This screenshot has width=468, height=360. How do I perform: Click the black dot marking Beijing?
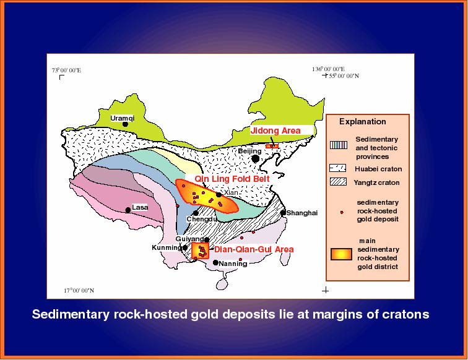point(255,159)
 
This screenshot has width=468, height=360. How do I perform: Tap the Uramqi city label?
point(123,118)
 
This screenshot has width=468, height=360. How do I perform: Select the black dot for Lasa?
point(128,210)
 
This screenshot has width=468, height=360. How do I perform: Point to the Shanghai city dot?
point(283,213)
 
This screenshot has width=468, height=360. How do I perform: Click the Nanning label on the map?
point(233,264)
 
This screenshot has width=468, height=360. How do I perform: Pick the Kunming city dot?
point(185,247)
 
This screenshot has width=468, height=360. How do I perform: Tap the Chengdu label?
point(202,219)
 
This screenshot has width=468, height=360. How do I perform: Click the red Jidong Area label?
point(275,131)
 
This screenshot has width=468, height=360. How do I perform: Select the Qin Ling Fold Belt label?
point(232,179)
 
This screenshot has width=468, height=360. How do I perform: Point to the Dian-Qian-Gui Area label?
point(254,249)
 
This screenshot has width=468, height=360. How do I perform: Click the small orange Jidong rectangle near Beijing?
point(272,146)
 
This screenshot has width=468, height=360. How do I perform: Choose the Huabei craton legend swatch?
point(338,168)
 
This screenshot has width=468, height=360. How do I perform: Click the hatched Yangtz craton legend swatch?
point(338,182)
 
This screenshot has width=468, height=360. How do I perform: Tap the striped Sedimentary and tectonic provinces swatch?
point(339,145)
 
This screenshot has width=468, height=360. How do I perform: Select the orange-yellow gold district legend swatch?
point(341,254)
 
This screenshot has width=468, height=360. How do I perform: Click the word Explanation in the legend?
point(363,122)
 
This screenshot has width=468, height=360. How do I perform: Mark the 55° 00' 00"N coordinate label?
point(344,75)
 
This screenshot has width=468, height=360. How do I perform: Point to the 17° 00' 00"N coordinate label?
point(79,290)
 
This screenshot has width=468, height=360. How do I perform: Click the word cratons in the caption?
point(410,314)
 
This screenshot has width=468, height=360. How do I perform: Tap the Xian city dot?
point(219,195)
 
